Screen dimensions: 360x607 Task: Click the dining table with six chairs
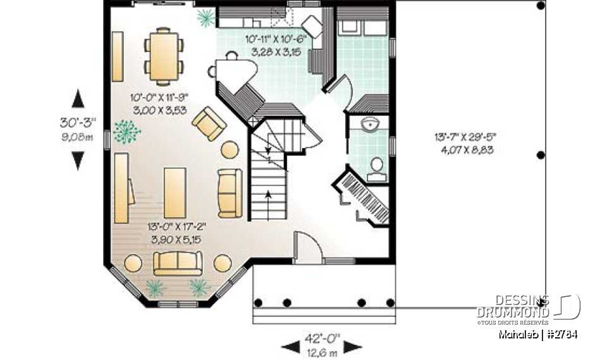pos(163,56)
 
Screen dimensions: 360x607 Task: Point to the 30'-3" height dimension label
pos(78,124)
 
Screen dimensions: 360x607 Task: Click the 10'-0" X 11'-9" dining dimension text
pos(159,103)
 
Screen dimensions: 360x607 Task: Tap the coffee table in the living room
pos(175,192)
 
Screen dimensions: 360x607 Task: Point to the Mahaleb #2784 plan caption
pos(537,334)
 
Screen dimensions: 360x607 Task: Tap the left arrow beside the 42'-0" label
pos(290,346)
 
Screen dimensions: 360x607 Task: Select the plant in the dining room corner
pos(205,18)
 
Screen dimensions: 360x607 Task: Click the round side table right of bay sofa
pos(223,263)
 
